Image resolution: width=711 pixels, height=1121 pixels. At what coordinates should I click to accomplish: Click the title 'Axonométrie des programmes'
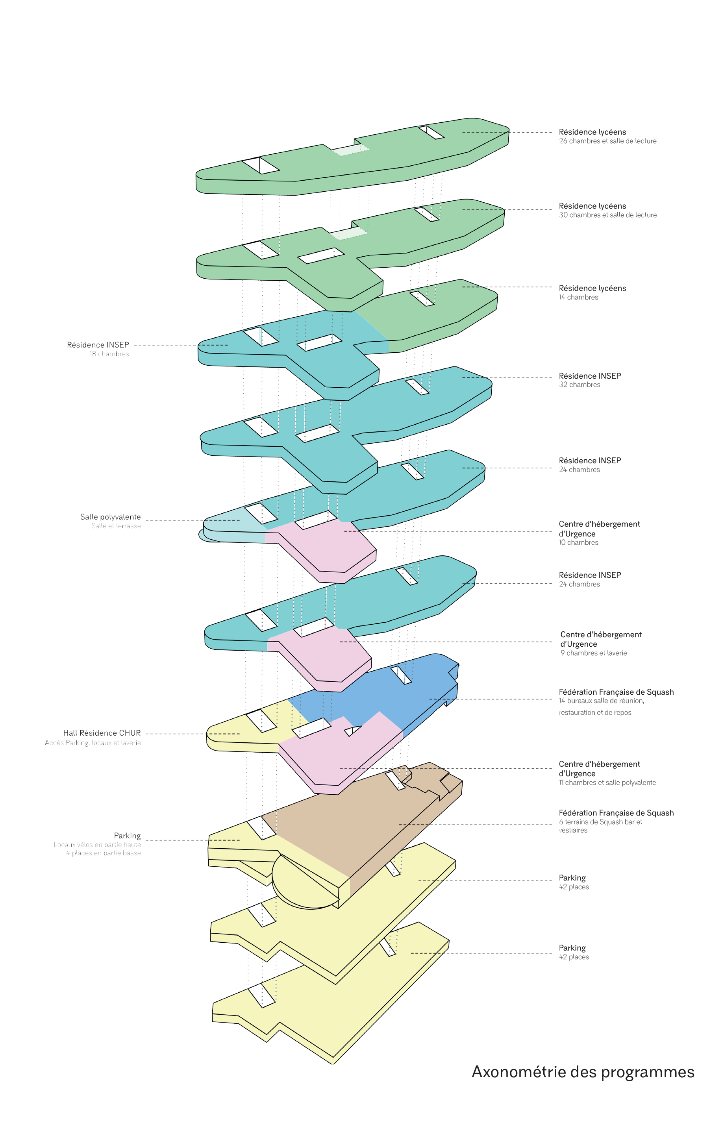click(x=583, y=1072)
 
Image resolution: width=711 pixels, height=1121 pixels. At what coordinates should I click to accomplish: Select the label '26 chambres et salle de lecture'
click(x=607, y=141)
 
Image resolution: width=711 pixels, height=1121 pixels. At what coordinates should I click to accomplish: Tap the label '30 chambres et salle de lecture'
click(x=607, y=215)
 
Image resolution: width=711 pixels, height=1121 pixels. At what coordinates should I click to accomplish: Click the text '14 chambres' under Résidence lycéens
click(x=578, y=298)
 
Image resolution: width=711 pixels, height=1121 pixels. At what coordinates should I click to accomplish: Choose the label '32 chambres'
click(x=580, y=385)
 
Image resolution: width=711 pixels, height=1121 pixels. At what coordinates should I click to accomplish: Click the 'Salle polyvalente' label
click(x=110, y=517)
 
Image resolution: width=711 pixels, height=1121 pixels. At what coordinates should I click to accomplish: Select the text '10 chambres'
click(x=578, y=542)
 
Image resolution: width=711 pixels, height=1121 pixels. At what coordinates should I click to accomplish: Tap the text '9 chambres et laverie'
click(x=594, y=653)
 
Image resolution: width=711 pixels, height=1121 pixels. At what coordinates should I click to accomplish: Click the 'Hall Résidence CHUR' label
click(x=102, y=733)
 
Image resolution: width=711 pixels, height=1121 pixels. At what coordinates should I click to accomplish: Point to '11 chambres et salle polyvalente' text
click(x=607, y=782)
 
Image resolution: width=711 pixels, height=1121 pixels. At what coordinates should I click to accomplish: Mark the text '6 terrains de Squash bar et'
click(x=601, y=822)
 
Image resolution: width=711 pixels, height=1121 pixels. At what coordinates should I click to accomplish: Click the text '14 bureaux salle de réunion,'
click(x=602, y=701)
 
